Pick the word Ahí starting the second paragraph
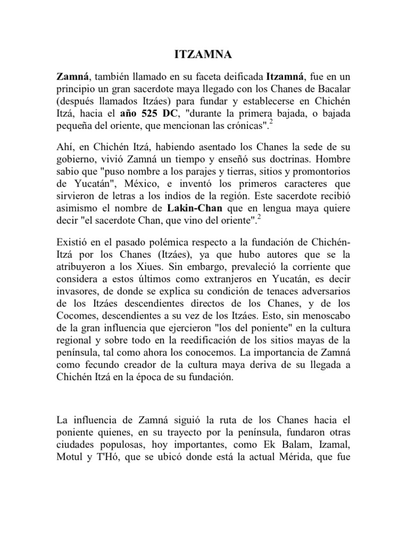(x=66, y=146)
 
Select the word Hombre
(x=332, y=159)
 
